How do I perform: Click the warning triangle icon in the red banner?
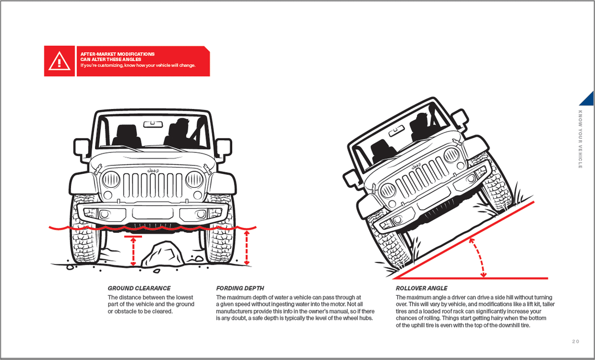(59, 62)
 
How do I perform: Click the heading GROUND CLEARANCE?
(139, 288)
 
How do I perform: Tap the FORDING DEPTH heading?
(240, 288)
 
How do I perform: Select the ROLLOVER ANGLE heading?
(421, 288)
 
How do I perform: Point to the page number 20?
(575, 341)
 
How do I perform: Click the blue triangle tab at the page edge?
(588, 98)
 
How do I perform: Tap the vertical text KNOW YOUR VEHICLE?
(580, 139)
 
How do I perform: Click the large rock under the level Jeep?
(162, 255)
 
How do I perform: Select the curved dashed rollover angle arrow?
(479, 256)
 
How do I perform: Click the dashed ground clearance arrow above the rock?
(133, 251)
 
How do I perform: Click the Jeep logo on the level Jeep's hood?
(153, 170)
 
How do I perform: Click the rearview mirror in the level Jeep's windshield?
(152, 124)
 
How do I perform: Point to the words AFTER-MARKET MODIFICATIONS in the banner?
(117, 54)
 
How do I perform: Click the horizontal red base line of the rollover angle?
(470, 278)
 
